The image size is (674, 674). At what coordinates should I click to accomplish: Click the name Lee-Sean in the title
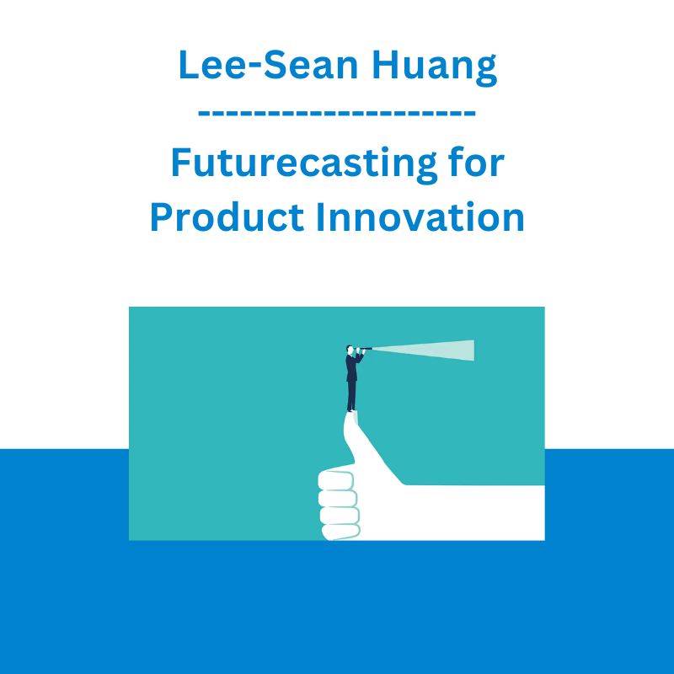click(268, 65)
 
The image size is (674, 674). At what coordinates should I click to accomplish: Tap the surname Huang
click(435, 67)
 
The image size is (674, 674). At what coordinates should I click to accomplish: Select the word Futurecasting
click(304, 164)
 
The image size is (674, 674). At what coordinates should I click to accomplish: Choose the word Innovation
click(420, 217)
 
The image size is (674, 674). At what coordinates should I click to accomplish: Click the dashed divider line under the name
click(336, 114)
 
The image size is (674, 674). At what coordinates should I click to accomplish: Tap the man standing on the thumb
click(353, 378)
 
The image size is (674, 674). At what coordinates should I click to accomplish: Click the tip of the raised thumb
click(351, 414)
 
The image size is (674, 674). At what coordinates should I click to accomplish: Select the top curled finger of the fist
click(336, 480)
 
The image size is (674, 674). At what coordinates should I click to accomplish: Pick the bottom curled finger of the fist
click(341, 532)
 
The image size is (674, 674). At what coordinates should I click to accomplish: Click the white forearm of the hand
click(473, 512)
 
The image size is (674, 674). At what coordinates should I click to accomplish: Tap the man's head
click(350, 350)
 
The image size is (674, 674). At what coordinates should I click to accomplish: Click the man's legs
click(351, 395)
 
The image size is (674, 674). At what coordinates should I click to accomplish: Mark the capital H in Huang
click(386, 65)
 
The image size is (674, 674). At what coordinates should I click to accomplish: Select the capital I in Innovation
click(320, 217)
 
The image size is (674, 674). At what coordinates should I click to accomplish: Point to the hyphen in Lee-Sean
click(254, 68)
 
